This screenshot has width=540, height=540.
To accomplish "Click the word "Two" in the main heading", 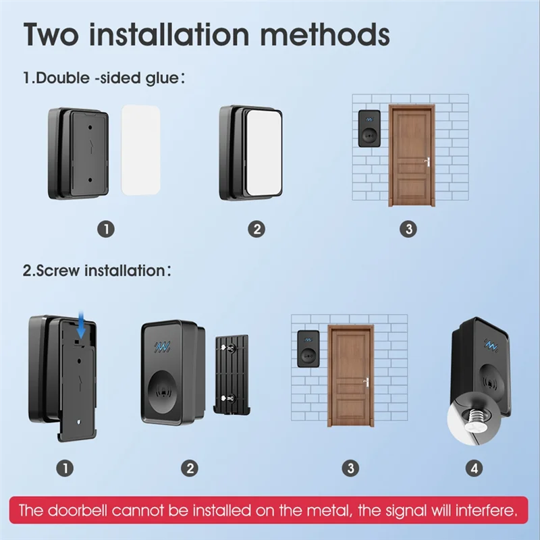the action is tap(51, 34).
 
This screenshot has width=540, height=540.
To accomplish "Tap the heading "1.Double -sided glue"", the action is tap(103, 78).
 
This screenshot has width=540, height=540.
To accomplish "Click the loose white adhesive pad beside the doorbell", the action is tap(141, 150).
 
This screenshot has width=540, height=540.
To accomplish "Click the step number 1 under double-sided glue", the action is tap(106, 229).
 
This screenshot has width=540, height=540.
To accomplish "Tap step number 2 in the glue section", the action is tap(256, 229).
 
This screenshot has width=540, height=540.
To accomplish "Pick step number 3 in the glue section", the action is tap(408, 229).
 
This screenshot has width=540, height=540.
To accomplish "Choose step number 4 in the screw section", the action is tap(475, 468).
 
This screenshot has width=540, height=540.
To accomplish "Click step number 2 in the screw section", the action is tap(190, 468).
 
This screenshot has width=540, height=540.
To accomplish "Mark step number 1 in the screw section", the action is tap(65, 468).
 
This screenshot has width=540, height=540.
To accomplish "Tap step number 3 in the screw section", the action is tap(350, 468).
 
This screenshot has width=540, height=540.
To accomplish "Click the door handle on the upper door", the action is tap(428, 162).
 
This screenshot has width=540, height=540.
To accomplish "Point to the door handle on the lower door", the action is tap(367, 382).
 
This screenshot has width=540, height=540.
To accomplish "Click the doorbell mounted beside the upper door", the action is tap(369, 128).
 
